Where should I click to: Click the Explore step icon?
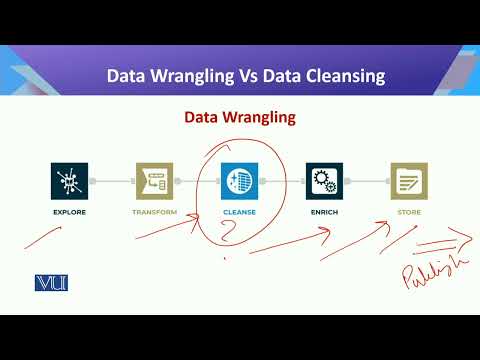[x=70, y=182]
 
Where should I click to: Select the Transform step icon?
[x=153, y=182]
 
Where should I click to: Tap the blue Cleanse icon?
[x=238, y=182]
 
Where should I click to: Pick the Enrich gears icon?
[x=325, y=182]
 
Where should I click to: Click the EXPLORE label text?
[x=70, y=212]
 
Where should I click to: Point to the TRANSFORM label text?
[x=153, y=212]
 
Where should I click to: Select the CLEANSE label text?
[x=238, y=212]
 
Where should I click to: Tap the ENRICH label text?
[x=325, y=212]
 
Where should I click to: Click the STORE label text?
[x=408, y=212]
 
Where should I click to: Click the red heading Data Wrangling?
[x=239, y=118]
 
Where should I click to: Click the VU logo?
[x=51, y=283]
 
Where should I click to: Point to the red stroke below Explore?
[x=45, y=237]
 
